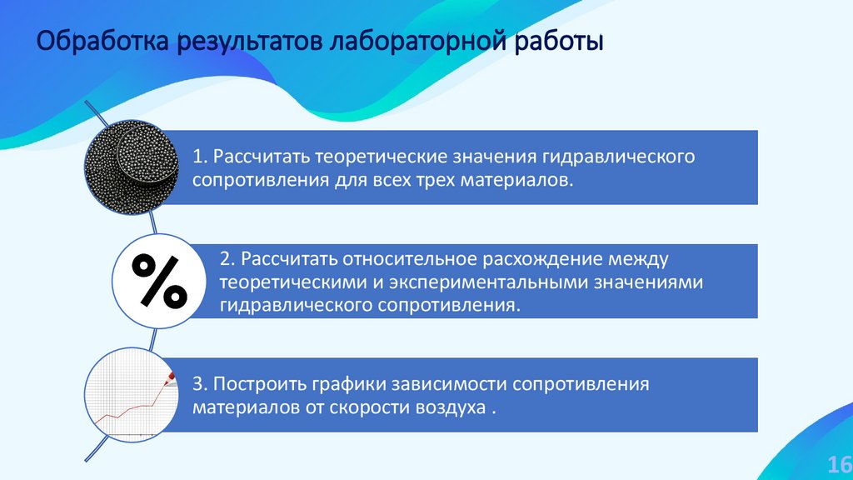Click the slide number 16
coord(836,463)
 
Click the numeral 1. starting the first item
coord(200,157)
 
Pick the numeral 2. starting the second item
coord(227,259)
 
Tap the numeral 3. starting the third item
coord(200,384)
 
